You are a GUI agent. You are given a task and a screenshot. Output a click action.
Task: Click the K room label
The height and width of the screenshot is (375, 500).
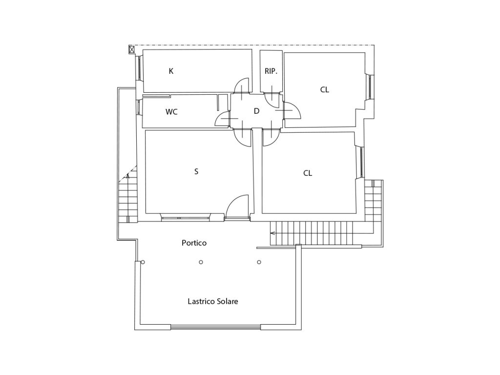tap(171, 71)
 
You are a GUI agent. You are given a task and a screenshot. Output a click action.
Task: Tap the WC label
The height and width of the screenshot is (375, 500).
tap(171, 112)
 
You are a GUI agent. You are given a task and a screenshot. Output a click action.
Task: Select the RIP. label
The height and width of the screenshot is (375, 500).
tap(271, 71)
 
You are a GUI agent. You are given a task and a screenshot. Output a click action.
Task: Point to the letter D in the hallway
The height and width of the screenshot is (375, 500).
tap(256, 111)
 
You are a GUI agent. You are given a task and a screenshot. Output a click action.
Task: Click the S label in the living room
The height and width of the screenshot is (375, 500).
tap(196, 171)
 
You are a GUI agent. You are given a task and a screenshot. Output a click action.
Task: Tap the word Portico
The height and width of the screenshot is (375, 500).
tap(194, 243)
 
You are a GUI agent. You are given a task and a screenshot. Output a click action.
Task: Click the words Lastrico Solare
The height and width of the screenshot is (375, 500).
tap(213, 301)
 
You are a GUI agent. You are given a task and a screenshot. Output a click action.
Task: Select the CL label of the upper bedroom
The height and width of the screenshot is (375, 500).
tap(324, 90)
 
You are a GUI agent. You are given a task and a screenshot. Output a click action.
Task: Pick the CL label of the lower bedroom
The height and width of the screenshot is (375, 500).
tap(308, 173)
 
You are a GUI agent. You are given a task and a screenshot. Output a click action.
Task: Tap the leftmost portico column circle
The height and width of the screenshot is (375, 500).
tap(143, 262)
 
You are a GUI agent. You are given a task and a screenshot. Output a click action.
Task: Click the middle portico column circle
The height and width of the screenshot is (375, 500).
tap(201, 262)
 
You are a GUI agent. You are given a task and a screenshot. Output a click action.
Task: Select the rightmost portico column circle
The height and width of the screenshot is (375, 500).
tap(259, 262)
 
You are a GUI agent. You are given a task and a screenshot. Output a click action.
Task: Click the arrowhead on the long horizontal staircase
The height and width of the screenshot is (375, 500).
tap(272, 233)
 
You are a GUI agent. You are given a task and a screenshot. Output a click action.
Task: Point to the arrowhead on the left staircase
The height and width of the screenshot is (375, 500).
tap(128, 175)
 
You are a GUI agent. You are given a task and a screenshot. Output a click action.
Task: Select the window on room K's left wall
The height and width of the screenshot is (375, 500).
tap(140, 68)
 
